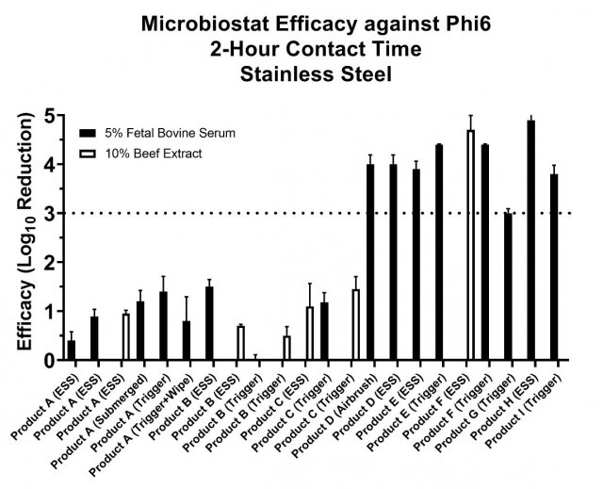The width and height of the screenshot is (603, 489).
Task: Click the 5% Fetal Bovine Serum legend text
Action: [170, 132]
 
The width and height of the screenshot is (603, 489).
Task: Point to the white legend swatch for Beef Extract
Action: [89, 153]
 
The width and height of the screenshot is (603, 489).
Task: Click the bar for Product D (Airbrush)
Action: [370, 262]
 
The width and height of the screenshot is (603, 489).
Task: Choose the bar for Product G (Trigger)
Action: [509, 286]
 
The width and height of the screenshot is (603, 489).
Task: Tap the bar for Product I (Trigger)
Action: [554, 267]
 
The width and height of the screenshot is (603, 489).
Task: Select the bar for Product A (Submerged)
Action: [140, 331]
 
